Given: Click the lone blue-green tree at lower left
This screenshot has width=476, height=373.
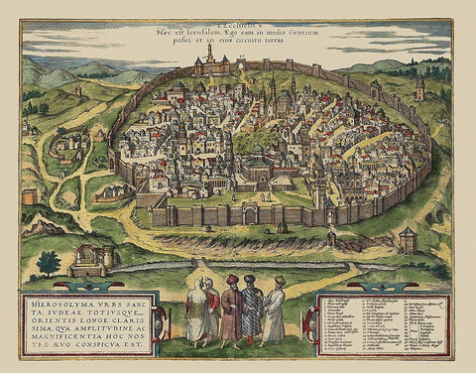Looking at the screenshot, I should click(48, 263).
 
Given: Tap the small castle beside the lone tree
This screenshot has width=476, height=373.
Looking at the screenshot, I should click(93, 260).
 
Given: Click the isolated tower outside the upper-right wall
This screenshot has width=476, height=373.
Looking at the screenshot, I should click(420, 88).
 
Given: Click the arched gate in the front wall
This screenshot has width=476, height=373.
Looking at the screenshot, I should click(251, 215).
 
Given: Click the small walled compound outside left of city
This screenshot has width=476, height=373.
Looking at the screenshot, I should click(69, 149).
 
